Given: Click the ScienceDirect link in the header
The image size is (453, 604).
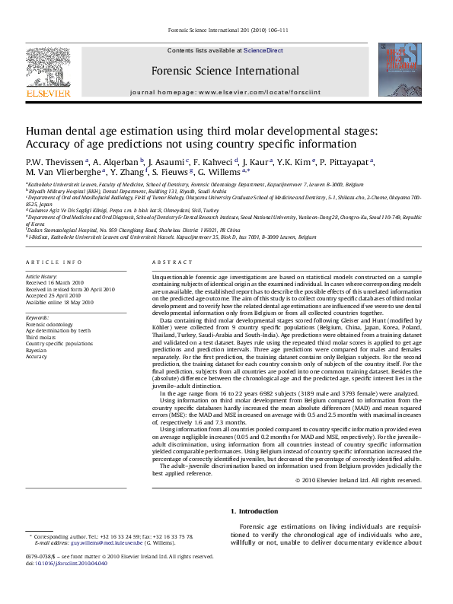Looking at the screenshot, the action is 263,50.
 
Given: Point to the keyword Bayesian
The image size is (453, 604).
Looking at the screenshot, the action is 37,349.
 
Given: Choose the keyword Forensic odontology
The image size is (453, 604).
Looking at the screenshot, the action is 50,325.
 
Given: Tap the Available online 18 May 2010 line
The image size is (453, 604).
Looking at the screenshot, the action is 59,302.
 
